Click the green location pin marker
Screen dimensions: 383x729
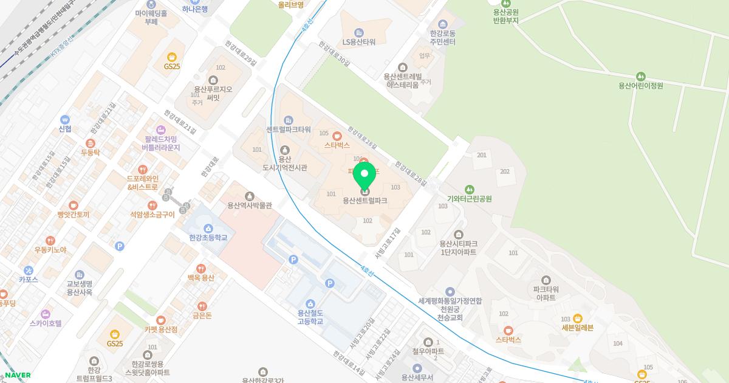(x=364, y=176)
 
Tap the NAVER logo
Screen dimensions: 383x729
(x=18, y=375)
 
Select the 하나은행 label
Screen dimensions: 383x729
(x=195, y=9)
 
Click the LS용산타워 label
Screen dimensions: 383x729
(x=359, y=42)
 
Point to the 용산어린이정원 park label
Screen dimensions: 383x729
(x=640, y=85)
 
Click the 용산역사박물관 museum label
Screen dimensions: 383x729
(x=249, y=205)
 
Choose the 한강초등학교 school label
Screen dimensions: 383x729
(x=208, y=238)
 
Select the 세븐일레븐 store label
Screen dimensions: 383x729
(x=577, y=327)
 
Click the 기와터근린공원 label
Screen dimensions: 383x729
(x=469, y=198)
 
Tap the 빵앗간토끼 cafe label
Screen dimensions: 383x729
(x=73, y=215)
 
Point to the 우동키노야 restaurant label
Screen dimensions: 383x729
(x=50, y=250)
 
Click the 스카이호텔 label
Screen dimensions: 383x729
(x=46, y=323)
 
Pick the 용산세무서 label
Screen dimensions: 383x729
(x=417, y=377)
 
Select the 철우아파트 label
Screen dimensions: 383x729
(x=428, y=351)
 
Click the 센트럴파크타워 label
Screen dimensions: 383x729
(x=289, y=129)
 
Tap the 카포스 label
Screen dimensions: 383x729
(x=29, y=279)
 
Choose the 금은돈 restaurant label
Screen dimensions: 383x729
(x=202, y=316)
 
